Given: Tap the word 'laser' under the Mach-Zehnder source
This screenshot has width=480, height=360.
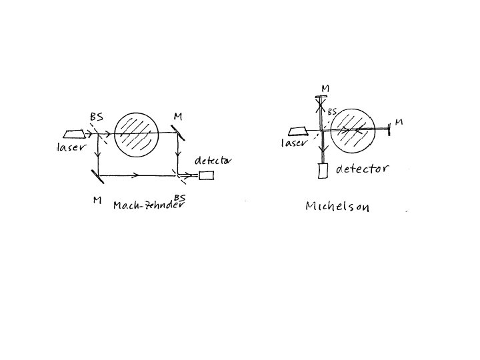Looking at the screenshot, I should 71,147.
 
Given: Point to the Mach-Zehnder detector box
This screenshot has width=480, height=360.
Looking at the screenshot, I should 206,175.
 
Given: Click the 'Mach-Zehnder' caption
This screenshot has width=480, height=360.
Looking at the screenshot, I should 148,204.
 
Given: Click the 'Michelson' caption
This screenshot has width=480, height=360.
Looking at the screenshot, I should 337,206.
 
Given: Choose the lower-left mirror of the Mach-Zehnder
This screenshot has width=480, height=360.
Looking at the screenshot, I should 97,176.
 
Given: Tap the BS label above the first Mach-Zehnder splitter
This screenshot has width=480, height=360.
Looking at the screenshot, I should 96,117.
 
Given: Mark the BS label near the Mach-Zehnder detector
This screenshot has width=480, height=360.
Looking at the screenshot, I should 179,197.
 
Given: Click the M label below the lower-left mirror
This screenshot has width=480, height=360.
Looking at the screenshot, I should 98,201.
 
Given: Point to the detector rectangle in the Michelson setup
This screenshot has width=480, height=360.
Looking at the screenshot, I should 323,171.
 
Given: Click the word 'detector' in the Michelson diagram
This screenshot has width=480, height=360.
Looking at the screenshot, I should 362,169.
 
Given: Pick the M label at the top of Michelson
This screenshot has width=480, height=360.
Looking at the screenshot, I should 325,88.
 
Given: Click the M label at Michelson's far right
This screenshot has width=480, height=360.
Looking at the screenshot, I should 399,122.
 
